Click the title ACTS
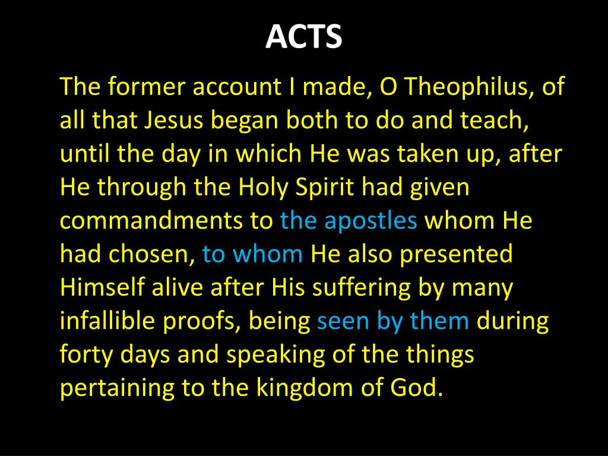[x=303, y=37]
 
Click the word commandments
[x=150, y=221]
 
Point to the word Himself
[x=101, y=287]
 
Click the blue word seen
[x=343, y=321]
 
